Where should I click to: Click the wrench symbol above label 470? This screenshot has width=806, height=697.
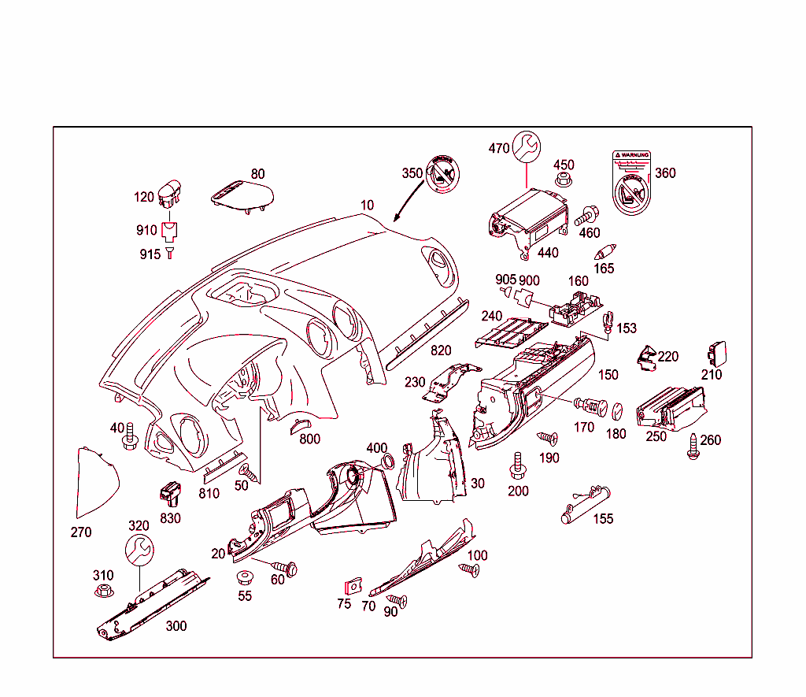click(527, 146)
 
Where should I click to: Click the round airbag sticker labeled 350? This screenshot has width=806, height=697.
click(441, 173)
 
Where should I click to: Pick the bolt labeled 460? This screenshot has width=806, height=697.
click(587, 214)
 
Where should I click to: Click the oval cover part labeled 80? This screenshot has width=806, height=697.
click(243, 195)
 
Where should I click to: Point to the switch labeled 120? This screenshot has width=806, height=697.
click(169, 194)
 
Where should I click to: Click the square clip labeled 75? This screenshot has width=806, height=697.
click(352, 588)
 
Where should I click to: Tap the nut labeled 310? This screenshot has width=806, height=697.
click(102, 591)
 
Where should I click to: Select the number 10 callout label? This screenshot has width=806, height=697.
click(368, 206)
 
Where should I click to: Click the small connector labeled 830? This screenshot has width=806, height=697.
click(171, 493)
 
